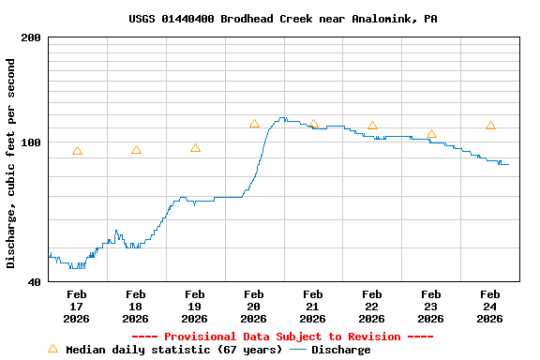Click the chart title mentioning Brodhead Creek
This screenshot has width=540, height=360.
[x=282, y=19]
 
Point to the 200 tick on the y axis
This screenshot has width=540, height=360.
[x=31, y=37]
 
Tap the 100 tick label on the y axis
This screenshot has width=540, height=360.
[x=31, y=142]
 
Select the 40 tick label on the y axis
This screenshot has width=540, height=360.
[x=34, y=281]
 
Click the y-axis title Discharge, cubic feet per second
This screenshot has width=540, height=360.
[x=11, y=163]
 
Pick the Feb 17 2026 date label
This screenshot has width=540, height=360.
[x=77, y=307]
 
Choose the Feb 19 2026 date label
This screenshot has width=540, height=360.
[x=195, y=307]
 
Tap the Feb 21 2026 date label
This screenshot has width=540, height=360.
[x=313, y=307]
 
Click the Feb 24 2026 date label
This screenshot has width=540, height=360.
[x=490, y=307]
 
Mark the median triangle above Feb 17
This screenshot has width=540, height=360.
[x=77, y=151]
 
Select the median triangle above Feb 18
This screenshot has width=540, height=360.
[x=136, y=150]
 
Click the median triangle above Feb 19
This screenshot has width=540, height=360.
[x=195, y=148]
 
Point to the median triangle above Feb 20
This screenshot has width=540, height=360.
[x=254, y=124]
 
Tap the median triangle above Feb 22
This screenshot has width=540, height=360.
[x=372, y=126]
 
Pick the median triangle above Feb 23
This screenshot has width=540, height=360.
[x=431, y=134]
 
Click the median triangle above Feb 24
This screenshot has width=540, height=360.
[x=490, y=126]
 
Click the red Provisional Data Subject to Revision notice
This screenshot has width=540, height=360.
[x=282, y=337]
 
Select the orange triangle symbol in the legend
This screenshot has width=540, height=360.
[x=52, y=349]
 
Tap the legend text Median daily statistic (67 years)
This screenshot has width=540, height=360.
[x=173, y=350]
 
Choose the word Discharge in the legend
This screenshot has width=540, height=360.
[x=340, y=350]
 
